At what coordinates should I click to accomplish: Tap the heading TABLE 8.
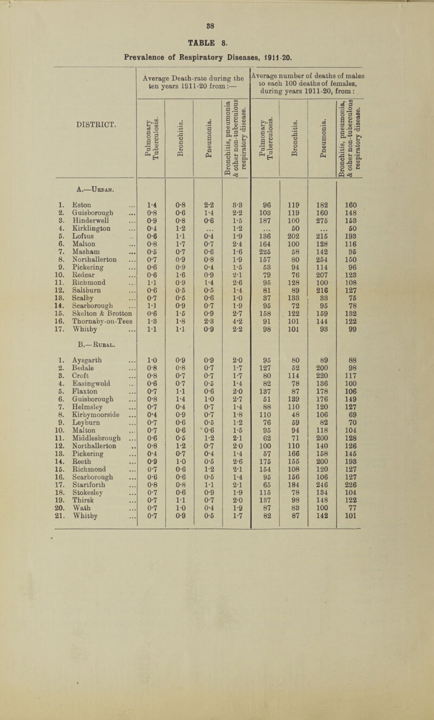(x=217, y=26)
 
